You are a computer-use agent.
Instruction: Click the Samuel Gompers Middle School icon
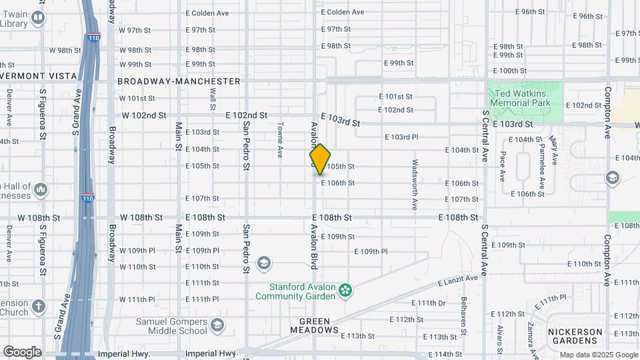217,325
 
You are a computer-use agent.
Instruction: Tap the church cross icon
39,306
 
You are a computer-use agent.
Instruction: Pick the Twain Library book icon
39,18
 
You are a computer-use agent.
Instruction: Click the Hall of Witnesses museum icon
41,191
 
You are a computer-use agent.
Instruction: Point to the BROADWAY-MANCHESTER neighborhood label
179,81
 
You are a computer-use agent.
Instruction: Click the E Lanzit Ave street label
458,281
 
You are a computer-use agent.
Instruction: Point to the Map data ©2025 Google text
598,355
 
